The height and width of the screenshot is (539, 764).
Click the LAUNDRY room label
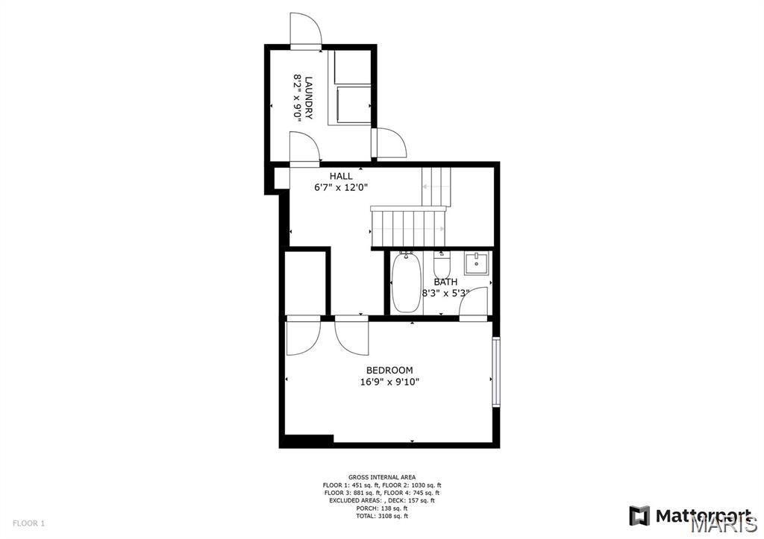pos(308,96)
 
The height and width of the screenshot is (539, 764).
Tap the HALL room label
pos(341,176)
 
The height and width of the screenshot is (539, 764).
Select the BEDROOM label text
pos(389,371)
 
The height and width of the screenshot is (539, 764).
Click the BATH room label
pos(445,282)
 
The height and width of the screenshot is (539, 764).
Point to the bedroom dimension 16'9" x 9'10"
pos(389,382)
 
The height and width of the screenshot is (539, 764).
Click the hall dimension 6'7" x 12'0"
pos(341,188)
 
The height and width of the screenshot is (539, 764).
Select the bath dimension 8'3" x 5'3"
pos(445,293)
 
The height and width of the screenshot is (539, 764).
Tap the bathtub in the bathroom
pos(406,283)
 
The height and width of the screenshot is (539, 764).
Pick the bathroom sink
pos(475,263)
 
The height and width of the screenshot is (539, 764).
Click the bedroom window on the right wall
pos(495,372)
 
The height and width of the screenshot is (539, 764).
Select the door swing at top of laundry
pos(306,30)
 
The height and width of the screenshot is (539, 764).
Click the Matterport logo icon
pos(639,515)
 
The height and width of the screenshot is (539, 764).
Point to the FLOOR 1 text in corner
pos(29,523)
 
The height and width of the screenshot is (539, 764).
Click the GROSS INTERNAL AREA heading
pos(382,477)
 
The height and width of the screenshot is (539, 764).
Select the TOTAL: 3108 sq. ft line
pos(382,516)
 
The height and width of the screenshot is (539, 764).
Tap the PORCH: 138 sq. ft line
pos(382,508)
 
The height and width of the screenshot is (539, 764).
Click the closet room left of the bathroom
pos(306,283)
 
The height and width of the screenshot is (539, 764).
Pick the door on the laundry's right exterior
pos(389,142)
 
